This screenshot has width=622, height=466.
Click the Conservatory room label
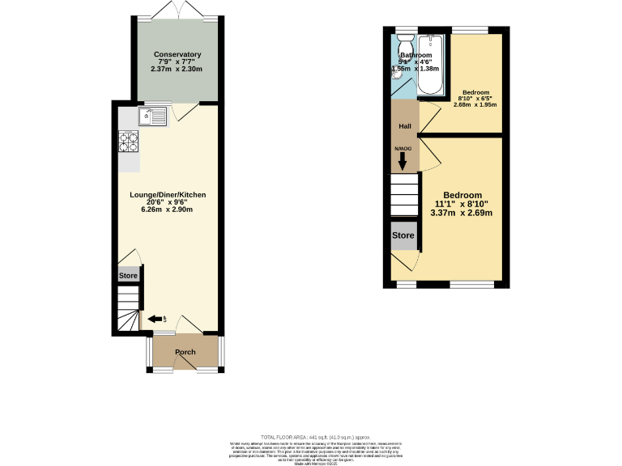177,54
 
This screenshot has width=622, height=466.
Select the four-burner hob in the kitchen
130,142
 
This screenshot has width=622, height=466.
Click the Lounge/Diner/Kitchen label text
168,195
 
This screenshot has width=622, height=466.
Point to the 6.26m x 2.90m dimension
168,209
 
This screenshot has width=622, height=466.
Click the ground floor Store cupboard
129,276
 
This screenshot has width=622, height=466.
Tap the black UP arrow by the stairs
155,320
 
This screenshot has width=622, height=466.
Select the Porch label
185,352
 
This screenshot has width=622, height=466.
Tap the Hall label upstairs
405,126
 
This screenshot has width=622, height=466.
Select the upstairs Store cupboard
403,236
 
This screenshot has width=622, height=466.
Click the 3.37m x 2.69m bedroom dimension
462,213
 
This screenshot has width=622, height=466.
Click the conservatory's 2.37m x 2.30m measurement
177,69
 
